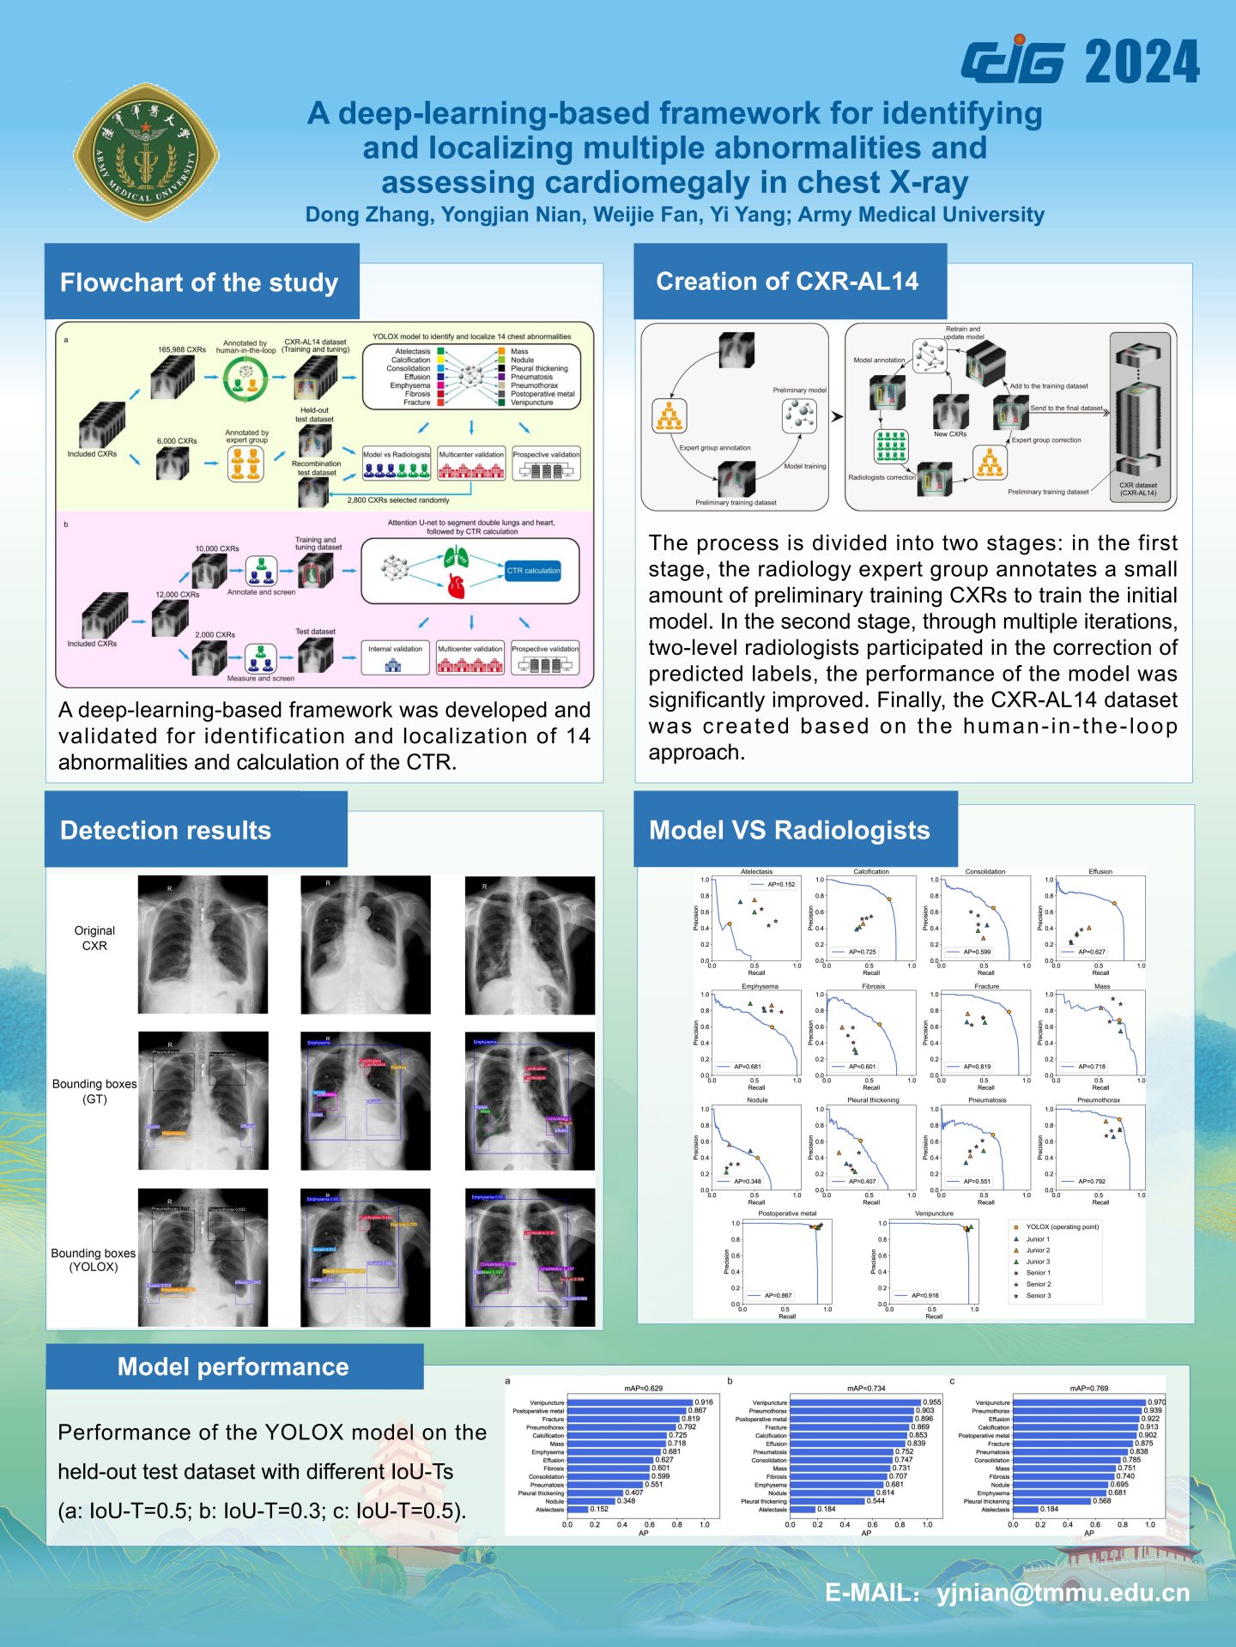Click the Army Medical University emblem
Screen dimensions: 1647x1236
(x=146, y=153)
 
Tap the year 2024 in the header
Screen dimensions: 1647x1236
(x=1142, y=62)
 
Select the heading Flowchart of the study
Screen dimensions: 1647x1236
(x=199, y=282)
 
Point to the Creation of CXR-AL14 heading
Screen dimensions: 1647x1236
(x=787, y=282)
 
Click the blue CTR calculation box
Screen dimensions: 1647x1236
(x=533, y=571)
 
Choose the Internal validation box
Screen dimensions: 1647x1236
(x=395, y=650)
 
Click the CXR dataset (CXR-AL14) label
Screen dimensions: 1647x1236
(x=1138, y=489)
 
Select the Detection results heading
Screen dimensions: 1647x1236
(x=166, y=830)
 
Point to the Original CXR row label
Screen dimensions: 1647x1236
(x=94, y=938)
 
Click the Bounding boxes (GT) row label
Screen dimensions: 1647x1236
(x=94, y=1091)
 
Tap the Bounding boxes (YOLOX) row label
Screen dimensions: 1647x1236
(x=94, y=1260)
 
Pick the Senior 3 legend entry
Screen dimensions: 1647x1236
(x=1038, y=1296)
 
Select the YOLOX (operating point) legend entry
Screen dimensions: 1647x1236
(x=1062, y=1227)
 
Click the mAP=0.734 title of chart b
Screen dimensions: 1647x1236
(x=866, y=1388)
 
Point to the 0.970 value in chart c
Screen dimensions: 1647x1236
(x=1156, y=1402)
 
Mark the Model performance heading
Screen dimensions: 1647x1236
(x=233, y=1366)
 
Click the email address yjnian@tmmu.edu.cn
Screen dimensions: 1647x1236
(x=1063, y=1593)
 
